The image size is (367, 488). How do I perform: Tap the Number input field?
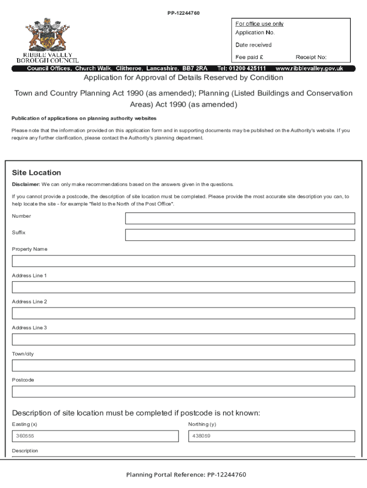click(x=240, y=218)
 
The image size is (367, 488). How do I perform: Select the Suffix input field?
click(x=240, y=235)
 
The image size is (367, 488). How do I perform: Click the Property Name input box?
click(x=183, y=261)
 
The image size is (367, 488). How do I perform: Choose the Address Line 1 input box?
click(x=183, y=287)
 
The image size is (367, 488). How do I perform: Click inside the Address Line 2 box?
click(x=183, y=313)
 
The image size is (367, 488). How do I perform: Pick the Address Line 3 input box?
click(x=183, y=339)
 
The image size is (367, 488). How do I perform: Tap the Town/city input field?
click(x=183, y=366)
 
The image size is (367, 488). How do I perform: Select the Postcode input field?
click(x=183, y=392)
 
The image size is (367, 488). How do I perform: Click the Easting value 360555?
click(x=25, y=436)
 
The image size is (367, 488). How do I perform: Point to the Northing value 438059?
click(x=202, y=436)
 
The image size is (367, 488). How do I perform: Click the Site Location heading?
click(x=36, y=173)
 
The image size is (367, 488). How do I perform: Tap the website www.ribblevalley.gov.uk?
click(x=309, y=69)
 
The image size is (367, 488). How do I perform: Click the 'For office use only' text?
click(x=259, y=24)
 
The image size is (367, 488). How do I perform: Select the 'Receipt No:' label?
click(x=311, y=57)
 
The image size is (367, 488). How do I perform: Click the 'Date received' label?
click(x=253, y=45)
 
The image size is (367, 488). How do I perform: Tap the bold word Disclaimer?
click(x=26, y=184)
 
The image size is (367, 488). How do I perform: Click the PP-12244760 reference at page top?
click(x=183, y=13)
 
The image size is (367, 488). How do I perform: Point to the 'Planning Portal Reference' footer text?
click(x=186, y=475)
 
